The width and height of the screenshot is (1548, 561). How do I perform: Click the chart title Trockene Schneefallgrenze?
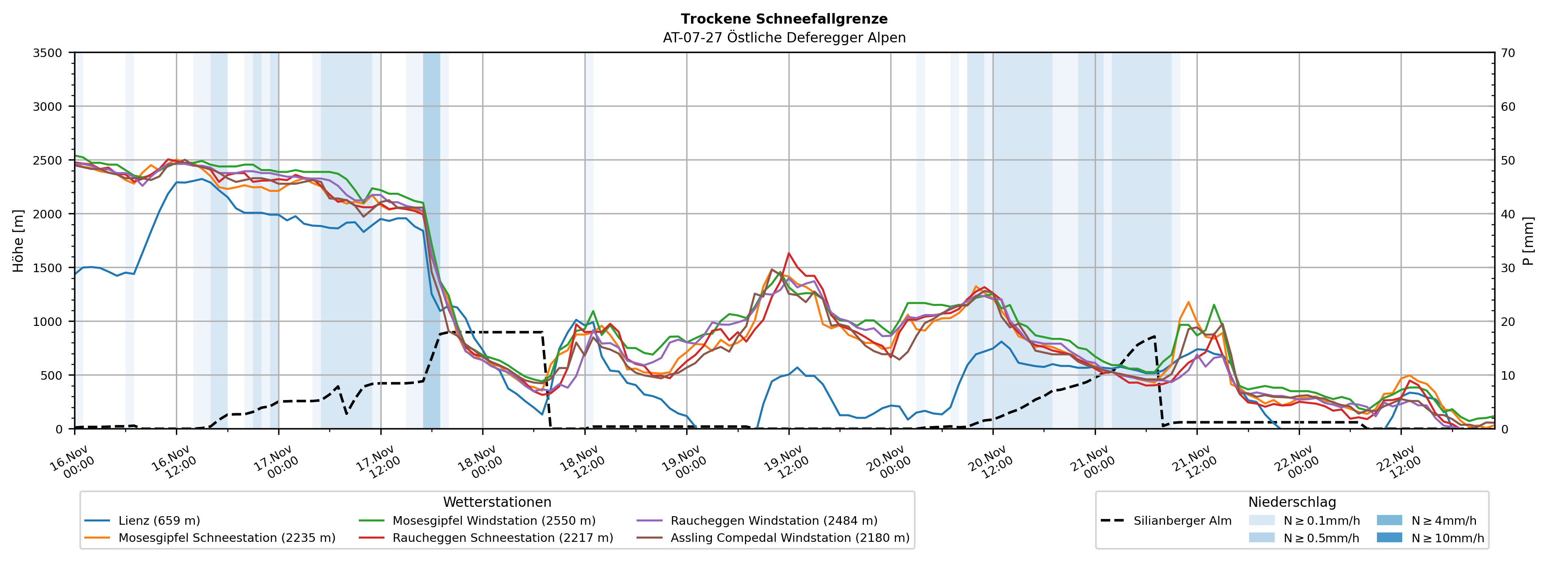click(x=784, y=19)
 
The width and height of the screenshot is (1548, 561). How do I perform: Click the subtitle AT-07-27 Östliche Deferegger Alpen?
click(x=784, y=38)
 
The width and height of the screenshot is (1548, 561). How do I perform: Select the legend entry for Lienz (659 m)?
click(x=159, y=521)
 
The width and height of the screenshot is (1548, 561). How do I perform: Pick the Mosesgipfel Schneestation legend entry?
click(x=226, y=538)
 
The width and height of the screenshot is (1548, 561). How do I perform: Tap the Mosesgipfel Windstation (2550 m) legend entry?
click(x=493, y=521)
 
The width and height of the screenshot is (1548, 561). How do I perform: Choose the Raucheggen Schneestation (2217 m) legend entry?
click(x=503, y=538)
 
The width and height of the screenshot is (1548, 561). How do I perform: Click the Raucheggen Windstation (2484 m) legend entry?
click(x=773, y=521)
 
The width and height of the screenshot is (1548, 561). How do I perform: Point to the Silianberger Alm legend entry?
click(x=1182, y=521)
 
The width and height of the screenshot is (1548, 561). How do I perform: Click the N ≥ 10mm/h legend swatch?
click(x=1389, y=537)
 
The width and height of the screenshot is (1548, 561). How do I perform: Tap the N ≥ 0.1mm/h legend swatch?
click(x=1261, y=520)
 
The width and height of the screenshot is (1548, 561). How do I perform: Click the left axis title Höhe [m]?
click(x=19, y=240)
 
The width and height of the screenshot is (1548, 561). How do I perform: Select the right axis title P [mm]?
click(x=1528, y=240)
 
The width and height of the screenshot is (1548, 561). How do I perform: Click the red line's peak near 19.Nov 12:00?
click(x=788, y=253)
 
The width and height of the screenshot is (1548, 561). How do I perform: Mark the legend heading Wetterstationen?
click(x=497, y=502)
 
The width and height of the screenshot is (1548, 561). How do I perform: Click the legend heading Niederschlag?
click(x=1292, y=502)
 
